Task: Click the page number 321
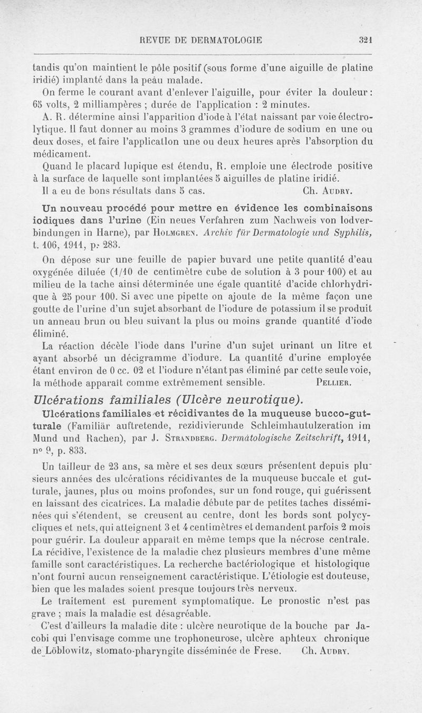coord(365,39)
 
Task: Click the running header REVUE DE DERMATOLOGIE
coord(202,39)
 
